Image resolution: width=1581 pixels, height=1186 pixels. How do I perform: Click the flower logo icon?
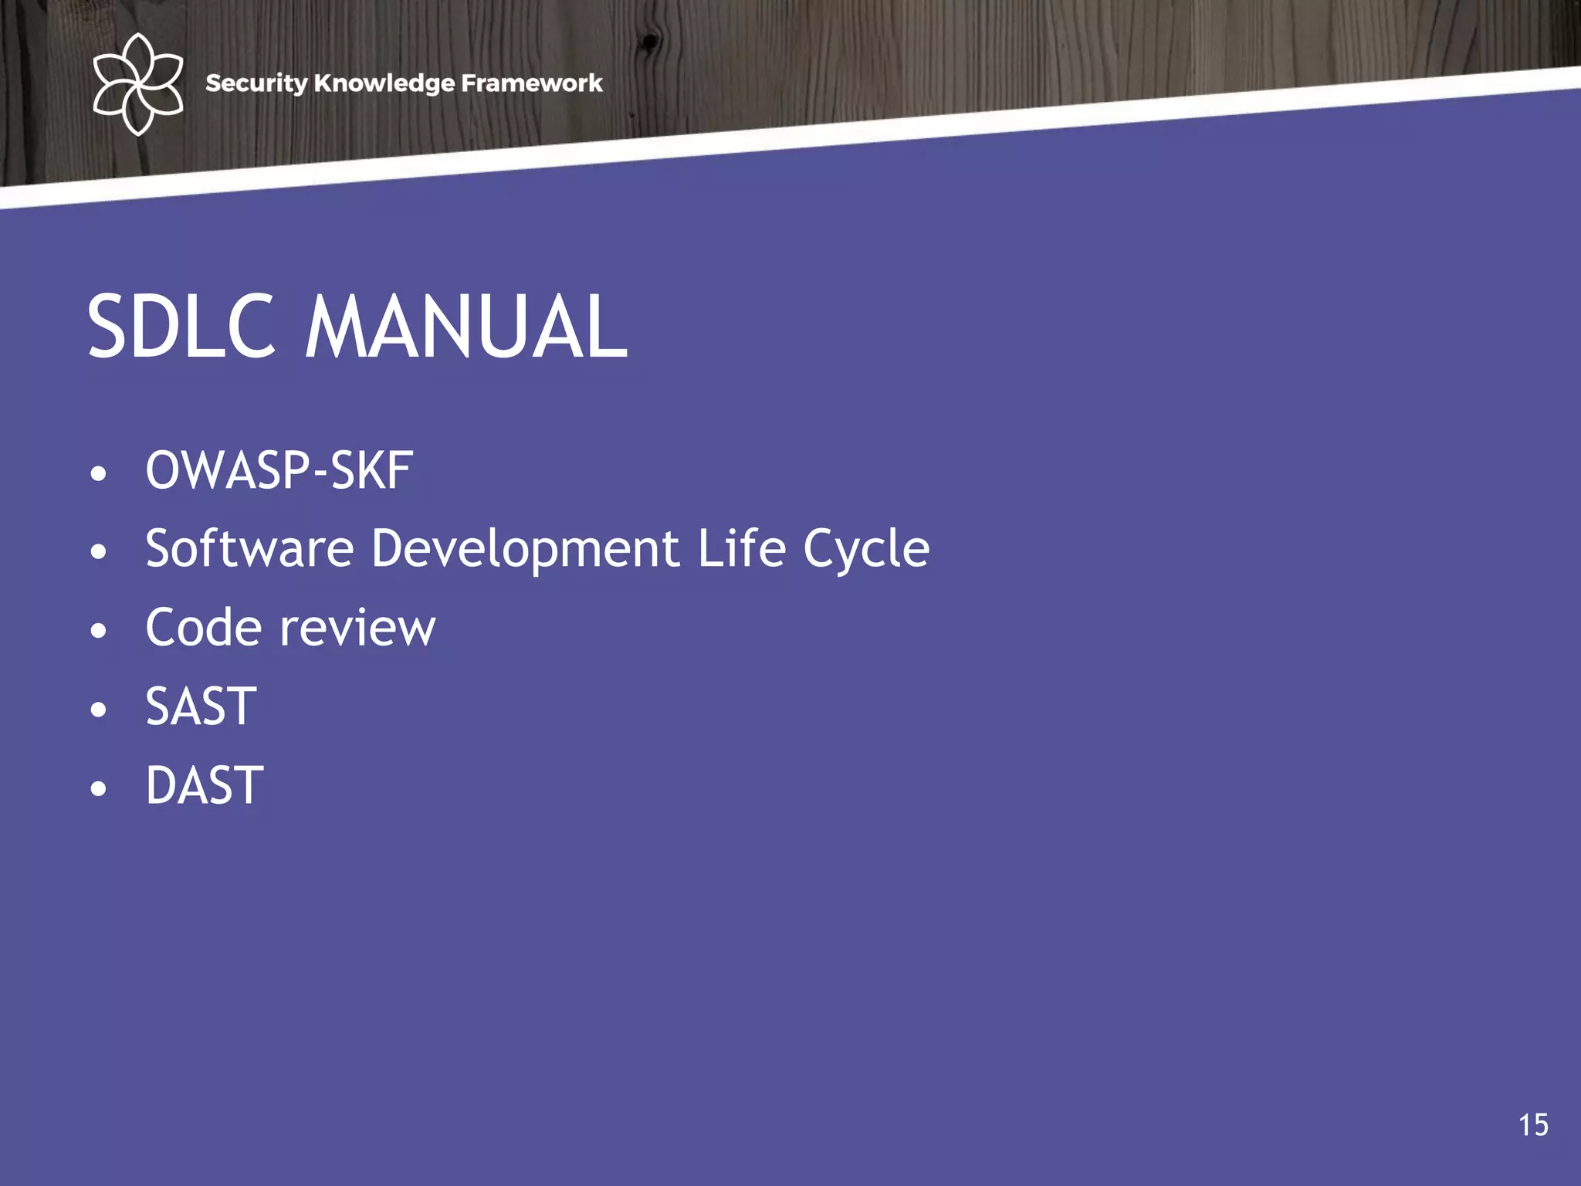137,83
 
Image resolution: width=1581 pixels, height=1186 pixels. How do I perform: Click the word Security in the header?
256,83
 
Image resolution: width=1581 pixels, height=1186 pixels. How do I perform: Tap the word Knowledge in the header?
384,83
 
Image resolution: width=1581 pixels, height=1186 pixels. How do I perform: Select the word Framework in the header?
531,83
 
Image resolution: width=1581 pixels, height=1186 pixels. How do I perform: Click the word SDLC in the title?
181,327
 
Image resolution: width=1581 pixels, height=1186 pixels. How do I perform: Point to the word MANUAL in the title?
466,327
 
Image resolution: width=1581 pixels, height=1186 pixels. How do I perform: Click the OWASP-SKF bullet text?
279,470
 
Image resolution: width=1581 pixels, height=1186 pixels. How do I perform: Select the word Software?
249,548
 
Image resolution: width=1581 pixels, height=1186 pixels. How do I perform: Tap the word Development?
526,550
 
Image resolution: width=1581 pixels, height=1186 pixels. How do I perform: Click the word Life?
742,548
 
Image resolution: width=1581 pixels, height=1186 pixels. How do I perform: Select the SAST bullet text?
201,707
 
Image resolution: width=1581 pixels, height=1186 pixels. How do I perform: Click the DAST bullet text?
205,785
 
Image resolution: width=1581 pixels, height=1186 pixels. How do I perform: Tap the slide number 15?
1533,1125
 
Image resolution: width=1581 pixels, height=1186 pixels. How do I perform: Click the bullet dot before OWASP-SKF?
98,473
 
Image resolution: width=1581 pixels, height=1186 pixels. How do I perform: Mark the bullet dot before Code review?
98,631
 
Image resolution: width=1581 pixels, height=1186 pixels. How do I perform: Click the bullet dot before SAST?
98,710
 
